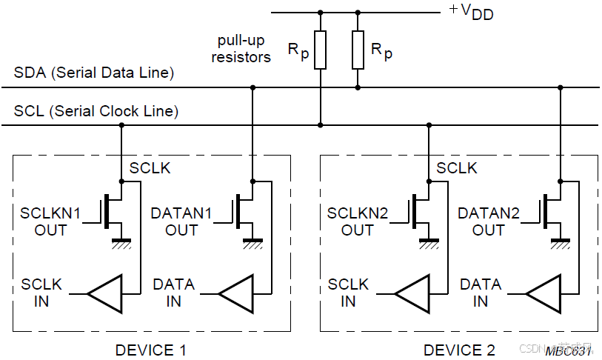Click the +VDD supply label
click(x=471, y=13)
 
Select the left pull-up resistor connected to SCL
click(x=320, y=50)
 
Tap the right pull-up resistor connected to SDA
click(x=358, y=50)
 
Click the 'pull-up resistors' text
click(x=241, y=48)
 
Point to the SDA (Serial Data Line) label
click(x=94, y=73)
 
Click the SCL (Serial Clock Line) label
click(x=96, y=112)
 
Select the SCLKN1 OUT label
click(x=50, y=221)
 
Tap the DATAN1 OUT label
click(x=181, y=221)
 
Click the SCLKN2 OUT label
click(x=358, y=221)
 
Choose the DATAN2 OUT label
click(x=489, y=221)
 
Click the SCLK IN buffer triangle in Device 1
click(x=105, y=293)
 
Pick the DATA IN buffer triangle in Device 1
click(x=236, y=293)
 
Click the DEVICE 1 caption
click(x=151, y=350)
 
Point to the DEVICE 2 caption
click(x=459, y=350)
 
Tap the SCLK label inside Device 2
click(x=457, y=168)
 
